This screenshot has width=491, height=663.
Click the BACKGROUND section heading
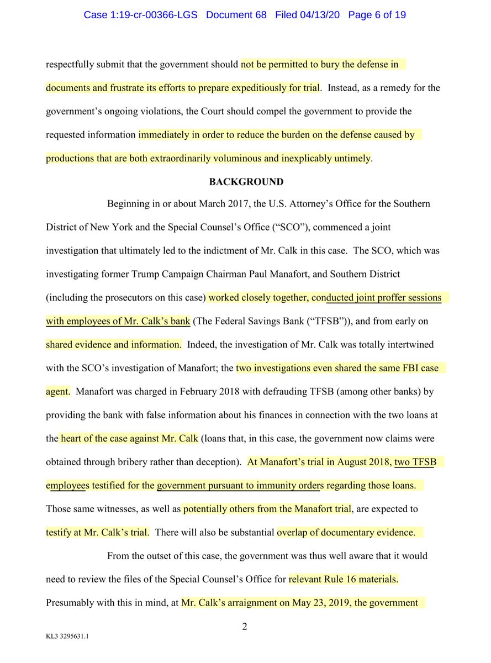pyautogui.click(x=246, y=182)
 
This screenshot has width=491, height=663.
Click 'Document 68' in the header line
pyautogui.click(x=236, y=15)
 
